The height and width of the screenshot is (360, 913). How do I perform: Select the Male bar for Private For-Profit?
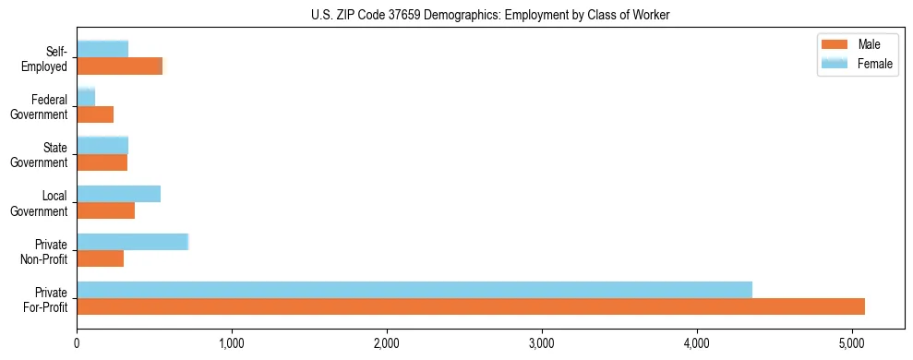click(x=471, y=306)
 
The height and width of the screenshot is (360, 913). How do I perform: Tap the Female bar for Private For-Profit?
click(x=414, y=289)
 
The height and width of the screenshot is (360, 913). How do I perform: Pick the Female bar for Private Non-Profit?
click(x=133, y=242)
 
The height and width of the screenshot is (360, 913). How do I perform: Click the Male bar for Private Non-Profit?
click(x=101, y=258)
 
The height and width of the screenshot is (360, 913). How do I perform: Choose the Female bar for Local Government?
click(x=119, y=194)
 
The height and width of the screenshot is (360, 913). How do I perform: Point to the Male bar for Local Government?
click(x=106, y=210)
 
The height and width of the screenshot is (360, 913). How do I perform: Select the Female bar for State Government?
click(x=102, y=145)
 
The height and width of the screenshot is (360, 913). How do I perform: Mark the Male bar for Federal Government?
click(x=95, y=114)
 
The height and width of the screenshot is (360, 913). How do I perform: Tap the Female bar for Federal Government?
click(x=86, y=97)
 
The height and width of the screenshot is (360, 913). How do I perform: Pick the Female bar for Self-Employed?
click(x=102, y=49)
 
